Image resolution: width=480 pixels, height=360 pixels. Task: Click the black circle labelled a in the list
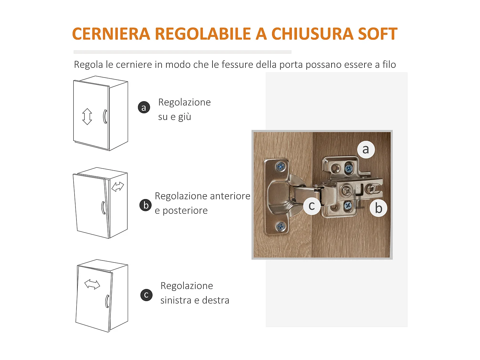pos(144,108)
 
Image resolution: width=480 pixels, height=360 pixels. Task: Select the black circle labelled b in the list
pos(146,205)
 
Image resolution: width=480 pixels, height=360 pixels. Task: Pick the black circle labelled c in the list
pos(146,295)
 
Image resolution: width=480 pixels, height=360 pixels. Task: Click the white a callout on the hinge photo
pos(366,149)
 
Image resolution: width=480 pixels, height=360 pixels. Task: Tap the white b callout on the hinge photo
pos(379,208)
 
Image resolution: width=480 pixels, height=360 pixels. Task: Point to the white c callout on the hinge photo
pos(312,206)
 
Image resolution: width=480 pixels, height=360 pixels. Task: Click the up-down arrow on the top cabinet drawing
pos(87,116)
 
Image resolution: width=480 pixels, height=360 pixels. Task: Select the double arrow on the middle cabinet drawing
pos(118,186)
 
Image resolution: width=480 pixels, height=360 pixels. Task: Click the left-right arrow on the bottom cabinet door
pos(92,284)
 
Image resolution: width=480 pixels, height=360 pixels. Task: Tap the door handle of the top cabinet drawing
pos(105,116)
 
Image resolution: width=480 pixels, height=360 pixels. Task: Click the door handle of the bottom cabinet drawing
pos(107,301)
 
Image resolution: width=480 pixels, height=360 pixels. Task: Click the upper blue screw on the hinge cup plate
pos(281,166)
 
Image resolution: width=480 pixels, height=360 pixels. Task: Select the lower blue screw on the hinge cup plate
pos(281,227)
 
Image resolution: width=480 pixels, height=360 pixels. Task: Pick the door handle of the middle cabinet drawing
pos(103,208)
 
